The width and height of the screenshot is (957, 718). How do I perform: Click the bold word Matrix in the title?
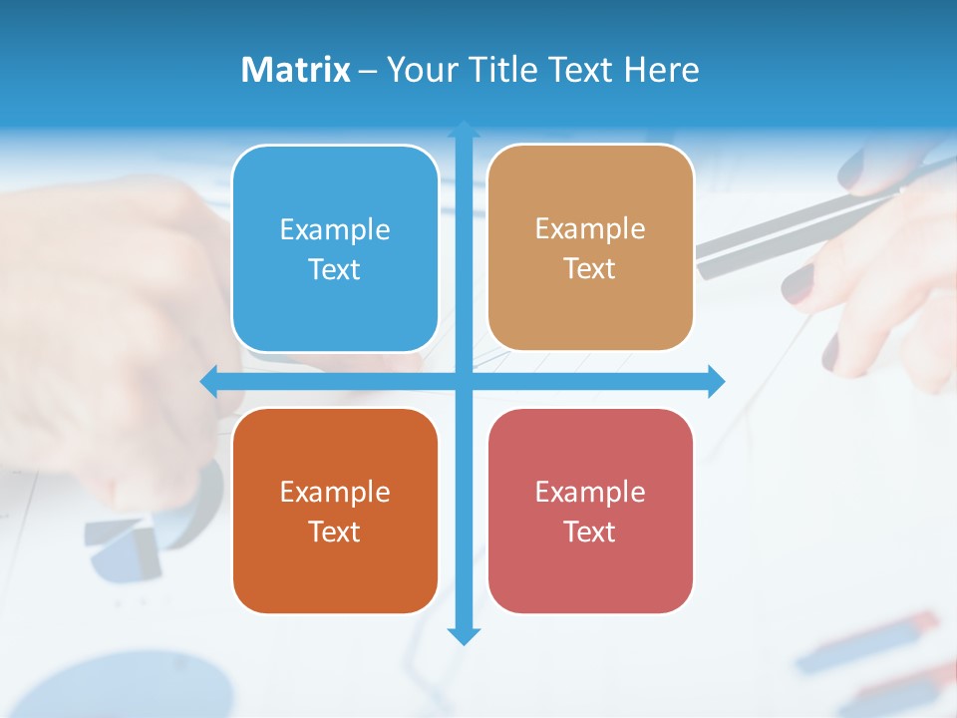[x=295, y=70]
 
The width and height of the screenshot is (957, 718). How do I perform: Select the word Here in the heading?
[x=662, y=70]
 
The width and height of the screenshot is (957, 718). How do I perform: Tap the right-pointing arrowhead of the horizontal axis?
[x=716, y=381]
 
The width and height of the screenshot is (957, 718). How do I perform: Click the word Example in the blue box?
[x=335, y=230]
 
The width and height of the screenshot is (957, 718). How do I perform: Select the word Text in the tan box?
[x=589, y=269]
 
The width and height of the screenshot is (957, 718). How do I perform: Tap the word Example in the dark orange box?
[x=335, y=493]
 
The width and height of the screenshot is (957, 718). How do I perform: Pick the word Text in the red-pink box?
[x=589, y=532]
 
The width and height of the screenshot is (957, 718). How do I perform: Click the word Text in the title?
[x=583, y=70]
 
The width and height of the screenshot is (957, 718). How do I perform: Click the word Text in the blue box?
[x=334, y=270]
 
